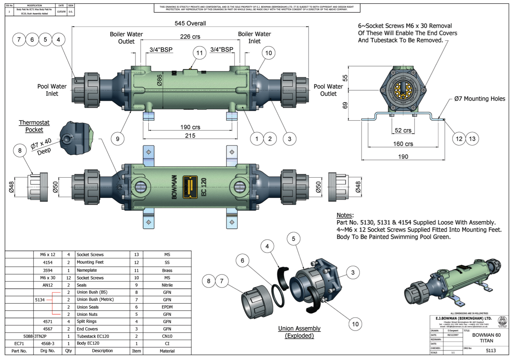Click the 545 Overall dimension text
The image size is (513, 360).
(190, 23)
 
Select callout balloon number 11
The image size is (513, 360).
(200, 53)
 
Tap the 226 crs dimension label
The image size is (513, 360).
(190, 37)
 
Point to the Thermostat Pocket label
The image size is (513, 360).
(34, 126)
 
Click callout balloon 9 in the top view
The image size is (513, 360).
(118, 139)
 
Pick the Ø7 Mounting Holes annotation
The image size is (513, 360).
(479, 99)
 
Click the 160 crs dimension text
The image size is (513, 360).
(403, 144)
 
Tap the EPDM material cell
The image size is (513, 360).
(167, 307)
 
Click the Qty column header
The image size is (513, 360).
(69, 351)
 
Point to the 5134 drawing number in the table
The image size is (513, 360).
(40, 300)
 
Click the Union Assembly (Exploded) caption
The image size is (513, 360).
(299, 332)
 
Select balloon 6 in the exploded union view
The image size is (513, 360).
(242, 261)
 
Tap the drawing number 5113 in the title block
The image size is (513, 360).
(490, 350)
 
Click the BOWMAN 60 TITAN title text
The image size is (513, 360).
(486, 338)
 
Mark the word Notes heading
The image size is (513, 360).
(345, 215)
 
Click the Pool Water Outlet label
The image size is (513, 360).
(328, 90)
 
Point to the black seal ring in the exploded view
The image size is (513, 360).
(278, 296)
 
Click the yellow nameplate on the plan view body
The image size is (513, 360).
(190, 187)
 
